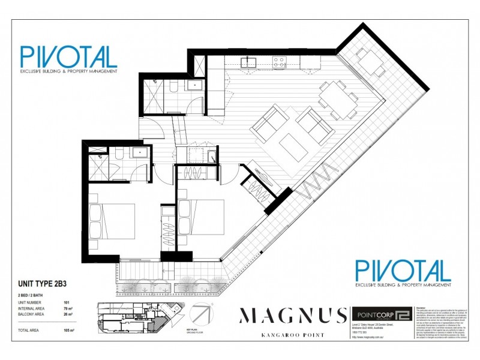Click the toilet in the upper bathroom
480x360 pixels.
pos(172,89)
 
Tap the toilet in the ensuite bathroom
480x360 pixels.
pos(119,156)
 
